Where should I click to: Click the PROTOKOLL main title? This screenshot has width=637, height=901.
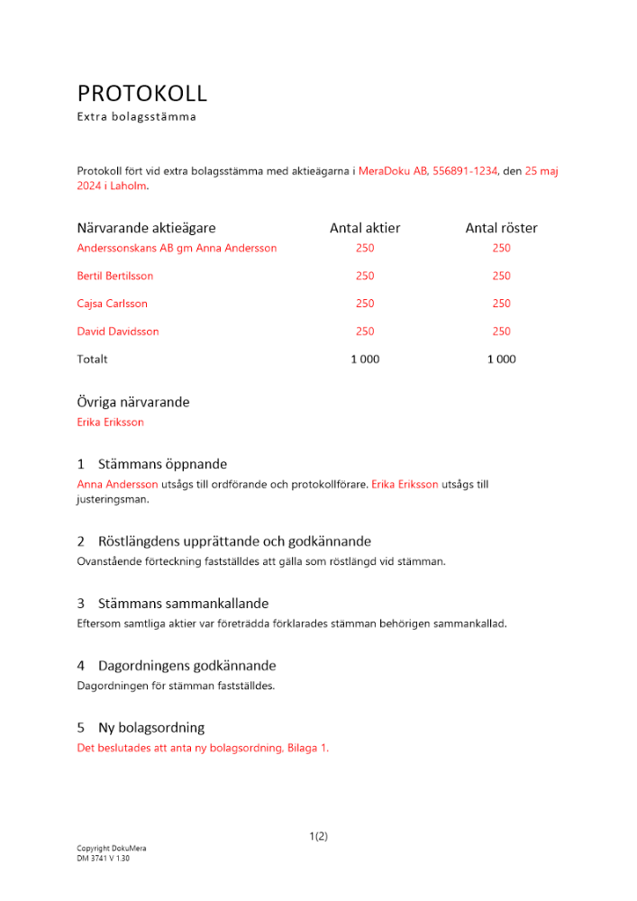pos(141,93)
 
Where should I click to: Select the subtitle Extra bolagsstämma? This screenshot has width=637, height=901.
pos(136,117)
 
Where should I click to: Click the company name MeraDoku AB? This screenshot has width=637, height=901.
pos(393,170)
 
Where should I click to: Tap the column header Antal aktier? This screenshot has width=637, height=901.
pos(365,228)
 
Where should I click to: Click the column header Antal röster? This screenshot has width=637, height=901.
pos(501,228)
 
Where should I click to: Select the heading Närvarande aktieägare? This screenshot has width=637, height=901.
pos(146,228)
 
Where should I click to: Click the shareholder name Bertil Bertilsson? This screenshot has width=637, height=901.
pos(115,276)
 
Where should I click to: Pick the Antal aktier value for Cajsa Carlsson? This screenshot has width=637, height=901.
pos(365,304)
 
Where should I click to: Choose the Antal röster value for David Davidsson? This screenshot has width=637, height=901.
pos(501,332)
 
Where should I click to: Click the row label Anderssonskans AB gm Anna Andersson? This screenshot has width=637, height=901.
pos(177,248)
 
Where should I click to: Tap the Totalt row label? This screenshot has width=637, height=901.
pos(92,359)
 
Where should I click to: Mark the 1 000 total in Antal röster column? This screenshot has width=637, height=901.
pos(501,359)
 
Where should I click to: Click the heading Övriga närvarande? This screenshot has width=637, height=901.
pos(132,402)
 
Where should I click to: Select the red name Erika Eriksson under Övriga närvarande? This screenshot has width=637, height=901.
pos(110,422)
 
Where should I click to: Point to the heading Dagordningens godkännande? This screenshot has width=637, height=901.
pos(187,666)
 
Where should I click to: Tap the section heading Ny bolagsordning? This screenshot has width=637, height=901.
pos(151,727)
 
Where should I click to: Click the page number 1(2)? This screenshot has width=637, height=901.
pos(318,836)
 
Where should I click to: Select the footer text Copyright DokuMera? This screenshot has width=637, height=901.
pos(112,849)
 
